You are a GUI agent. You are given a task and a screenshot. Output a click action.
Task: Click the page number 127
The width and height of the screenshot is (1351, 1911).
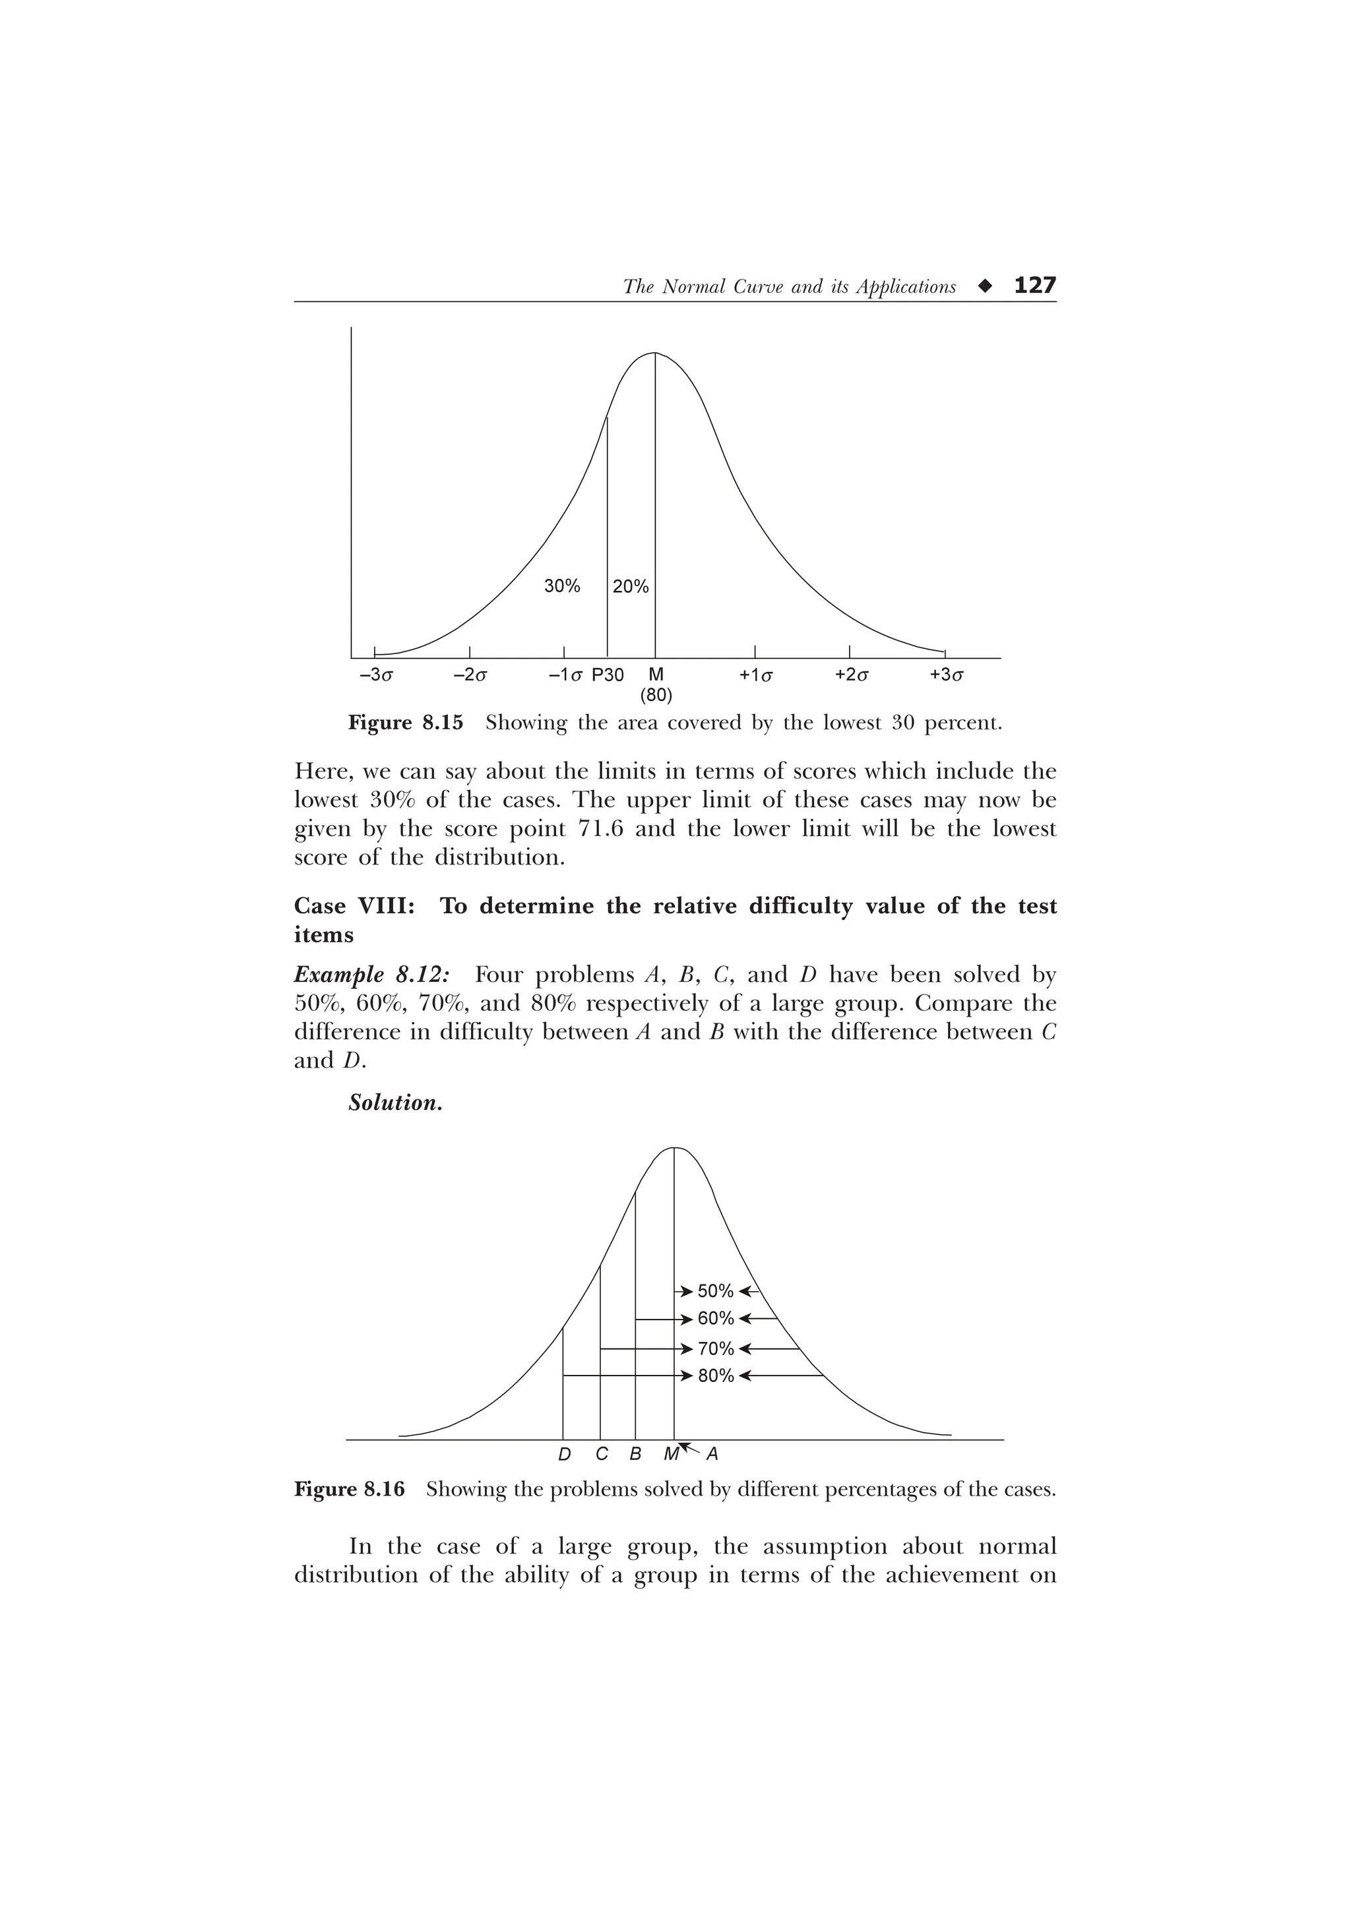click(x=1034, y=286)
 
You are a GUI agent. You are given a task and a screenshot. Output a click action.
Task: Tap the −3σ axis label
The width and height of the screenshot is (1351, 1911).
click(x=375, y=675)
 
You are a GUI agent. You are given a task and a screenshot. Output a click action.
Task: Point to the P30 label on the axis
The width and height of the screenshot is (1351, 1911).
click(x=608, y=675)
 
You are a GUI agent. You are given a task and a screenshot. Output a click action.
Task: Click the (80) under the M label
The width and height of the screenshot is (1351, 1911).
click(x=656, y=694)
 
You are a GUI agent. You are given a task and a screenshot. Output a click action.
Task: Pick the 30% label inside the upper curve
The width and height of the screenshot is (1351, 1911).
click(x=562, y=586)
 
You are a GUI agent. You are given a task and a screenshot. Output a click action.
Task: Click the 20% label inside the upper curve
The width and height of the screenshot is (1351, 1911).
click(x=630, y=587)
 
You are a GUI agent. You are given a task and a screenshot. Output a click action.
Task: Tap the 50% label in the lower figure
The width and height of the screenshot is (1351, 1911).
click(x=715, y=1291)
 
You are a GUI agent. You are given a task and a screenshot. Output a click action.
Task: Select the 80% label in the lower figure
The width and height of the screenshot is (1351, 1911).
click(x=715, y=1376)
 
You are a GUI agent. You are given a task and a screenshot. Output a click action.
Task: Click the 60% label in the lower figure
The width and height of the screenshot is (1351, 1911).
click(x=715, y=1318)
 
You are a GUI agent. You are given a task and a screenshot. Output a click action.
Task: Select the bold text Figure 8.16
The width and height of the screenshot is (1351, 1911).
click(x=350, y=1489)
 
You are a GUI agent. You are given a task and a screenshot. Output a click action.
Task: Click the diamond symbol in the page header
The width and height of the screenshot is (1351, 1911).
click(x=986, y=286)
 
